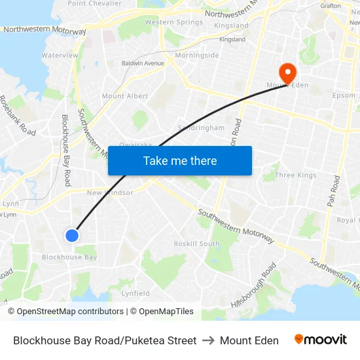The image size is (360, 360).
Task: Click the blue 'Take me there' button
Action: [179, 160]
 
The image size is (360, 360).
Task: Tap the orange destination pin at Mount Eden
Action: [287, 73]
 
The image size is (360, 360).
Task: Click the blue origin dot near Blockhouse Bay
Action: [72, 235]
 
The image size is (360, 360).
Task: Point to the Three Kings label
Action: [296, 175]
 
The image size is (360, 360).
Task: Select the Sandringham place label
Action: [201, 128]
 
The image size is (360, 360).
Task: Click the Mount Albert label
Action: [125, 96]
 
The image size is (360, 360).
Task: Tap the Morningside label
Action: [196, 56]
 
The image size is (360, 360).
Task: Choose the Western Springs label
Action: [173, 22]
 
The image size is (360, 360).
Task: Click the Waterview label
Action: [60, 56]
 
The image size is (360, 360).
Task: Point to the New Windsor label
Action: [110, 192]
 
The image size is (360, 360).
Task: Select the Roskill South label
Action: [196, 243]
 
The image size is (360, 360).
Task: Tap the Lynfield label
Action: [135, 293]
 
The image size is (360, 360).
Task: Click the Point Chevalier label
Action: [95, 3]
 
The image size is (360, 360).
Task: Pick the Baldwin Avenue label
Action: [143, 63]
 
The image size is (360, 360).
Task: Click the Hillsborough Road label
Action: [254, 285]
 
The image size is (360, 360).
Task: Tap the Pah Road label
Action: [334, 192]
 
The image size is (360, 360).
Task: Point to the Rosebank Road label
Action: [18, 116]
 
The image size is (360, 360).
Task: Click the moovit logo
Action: [321, 340]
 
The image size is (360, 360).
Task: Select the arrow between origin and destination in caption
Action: [208, 340]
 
